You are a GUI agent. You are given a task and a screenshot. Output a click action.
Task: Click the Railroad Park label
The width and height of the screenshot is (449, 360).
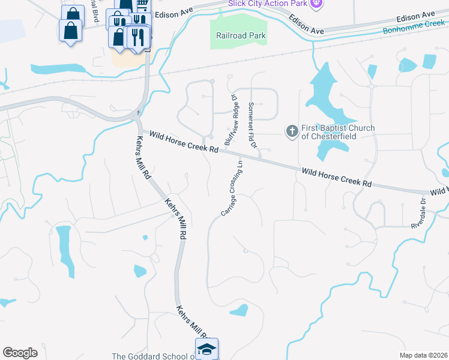tap(241, 35)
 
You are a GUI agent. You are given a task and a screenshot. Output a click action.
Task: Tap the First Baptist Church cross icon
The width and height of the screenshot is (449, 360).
tap(292, 131)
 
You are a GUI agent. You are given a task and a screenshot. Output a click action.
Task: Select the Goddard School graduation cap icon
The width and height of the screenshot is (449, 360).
tap(206, 349)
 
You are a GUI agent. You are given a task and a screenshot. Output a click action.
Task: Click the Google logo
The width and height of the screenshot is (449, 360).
tap(20, 353)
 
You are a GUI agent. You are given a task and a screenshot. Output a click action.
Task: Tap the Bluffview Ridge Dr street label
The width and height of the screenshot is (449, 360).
tap(231, 119)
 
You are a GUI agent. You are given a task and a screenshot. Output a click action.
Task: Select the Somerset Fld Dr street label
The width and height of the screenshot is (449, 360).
tap(252, 125)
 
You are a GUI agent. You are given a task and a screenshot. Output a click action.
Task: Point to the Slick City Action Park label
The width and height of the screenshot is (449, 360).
tap(267, 4)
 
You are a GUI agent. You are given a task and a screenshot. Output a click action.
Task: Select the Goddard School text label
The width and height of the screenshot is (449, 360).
tap(153, 356)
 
